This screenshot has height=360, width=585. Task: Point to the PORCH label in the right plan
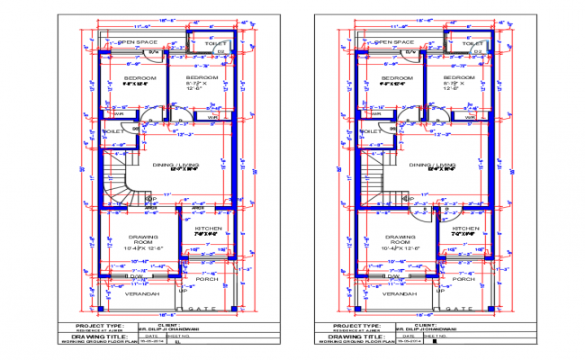tap(463, 279)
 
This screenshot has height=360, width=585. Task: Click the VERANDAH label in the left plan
tap(141, 294)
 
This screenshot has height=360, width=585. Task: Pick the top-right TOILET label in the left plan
tap(217, 42)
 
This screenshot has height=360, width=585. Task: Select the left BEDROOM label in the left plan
tap(141, 79)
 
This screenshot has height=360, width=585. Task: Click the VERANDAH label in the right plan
tap(393, 294)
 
